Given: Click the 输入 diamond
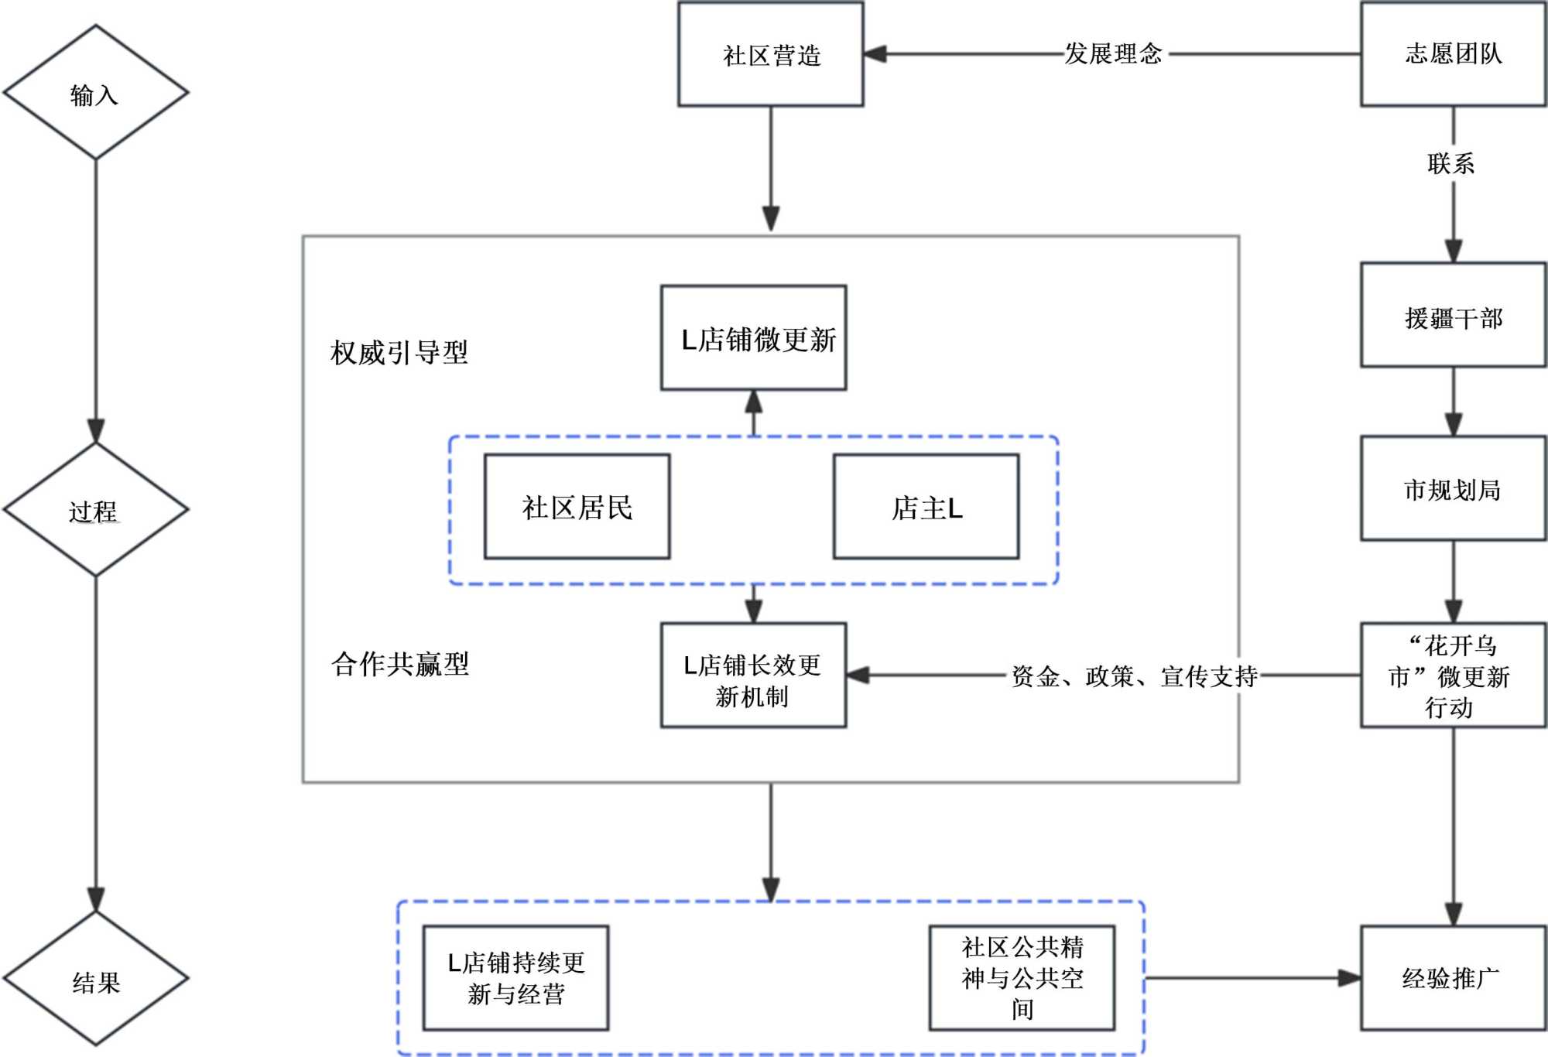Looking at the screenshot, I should click(x=95, y=93).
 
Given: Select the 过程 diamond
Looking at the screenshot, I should click(x=95, y=510).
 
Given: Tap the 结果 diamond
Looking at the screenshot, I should click(x=95, y=980).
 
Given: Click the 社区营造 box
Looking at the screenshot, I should click(x=771, y=54).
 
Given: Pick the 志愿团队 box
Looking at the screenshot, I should click(x=1454, y=53).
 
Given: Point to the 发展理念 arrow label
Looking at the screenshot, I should click(x=1113, y=53).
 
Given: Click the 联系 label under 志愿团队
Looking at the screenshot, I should click(x=1451, y=163).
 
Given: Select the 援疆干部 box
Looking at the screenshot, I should click(x=1454, y=315).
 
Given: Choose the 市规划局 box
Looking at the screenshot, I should click(x=1454, y=488).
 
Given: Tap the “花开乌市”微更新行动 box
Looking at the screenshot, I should click(x=1454, y=676).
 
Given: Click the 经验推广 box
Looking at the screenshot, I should click(x=1454, y=978).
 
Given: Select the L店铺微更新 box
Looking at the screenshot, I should click(x=754, y=338).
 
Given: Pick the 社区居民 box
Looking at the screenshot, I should click(x=577, y=507).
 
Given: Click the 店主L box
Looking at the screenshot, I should click(x=926, y=507).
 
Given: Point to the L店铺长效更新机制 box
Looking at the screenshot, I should click(x=754, y=676).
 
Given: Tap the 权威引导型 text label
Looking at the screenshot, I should click(x=399, y=352).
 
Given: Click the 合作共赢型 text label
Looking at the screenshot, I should click(x=400, y=663).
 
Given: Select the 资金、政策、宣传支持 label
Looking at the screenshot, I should click(x=1135, y=676).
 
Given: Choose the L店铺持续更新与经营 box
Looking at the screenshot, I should click(x=516, y=978).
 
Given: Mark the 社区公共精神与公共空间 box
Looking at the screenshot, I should click(x=1022, y=978).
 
